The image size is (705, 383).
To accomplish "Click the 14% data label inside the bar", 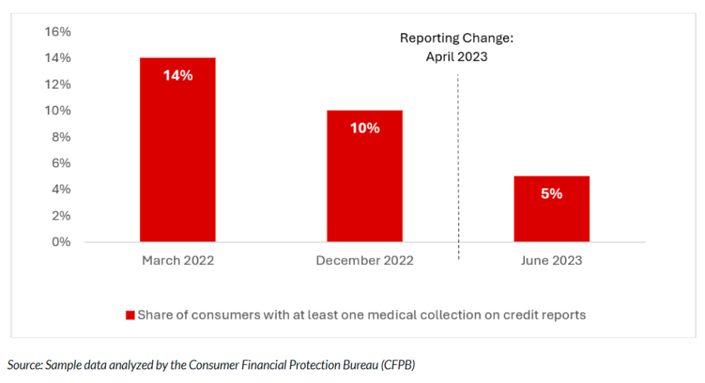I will tap(178, 76).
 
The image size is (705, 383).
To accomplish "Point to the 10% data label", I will tap(365, 129).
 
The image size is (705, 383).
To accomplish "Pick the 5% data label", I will tap(551, 194).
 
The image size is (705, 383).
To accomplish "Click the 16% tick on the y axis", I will tap(57, 32).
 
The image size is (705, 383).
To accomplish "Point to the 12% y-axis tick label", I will tap(57, 84).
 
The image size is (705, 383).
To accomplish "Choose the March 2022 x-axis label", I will tap(178, 260).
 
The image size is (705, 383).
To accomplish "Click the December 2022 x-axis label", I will tap(365, 260).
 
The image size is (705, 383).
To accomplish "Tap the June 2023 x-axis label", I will tap(551, 260).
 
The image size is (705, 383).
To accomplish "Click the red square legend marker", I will tap(129, 315).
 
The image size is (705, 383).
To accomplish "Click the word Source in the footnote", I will tap(23, 365).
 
